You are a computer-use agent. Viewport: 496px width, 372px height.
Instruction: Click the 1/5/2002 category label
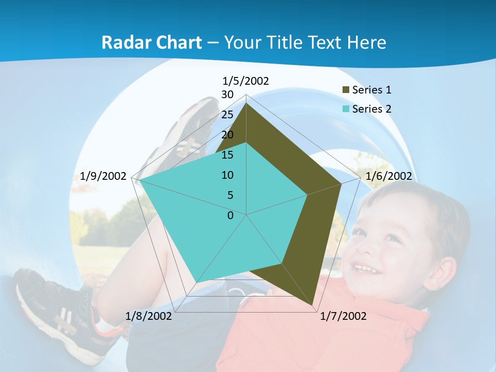pyautogui.click(x=245, y=81)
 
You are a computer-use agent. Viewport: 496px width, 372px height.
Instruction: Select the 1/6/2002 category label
pyautogui.click(x=389, y=176)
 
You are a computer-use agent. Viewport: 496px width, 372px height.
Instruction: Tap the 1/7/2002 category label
pyautogui.click(x=343, y=316)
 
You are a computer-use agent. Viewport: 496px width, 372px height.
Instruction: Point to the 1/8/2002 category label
pyautogui.click(x=149, y=316)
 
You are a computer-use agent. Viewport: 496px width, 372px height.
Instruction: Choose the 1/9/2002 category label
pyautogui.click(x=103, y=176)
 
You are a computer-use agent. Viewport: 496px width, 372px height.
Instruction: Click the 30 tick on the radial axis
pyautogui.click(x=227, y=95)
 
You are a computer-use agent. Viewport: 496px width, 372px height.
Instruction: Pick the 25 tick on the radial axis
pyautogui.click(x=227, y=115)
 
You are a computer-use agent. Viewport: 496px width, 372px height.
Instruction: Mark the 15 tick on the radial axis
pyautogui.click(x=227, y=155)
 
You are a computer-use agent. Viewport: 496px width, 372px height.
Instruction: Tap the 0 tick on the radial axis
pyautogui.click(x=230, y=215)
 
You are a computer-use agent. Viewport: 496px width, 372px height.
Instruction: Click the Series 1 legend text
pyautogui.click(x=371, y=90)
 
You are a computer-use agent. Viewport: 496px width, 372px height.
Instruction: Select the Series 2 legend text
pyautogui.click(x=371, y=109)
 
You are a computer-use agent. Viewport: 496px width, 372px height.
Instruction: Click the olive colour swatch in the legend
pyautogui.click(x=346, y=90)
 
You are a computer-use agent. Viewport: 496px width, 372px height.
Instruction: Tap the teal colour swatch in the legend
pyautogui.click(x=346, y=109)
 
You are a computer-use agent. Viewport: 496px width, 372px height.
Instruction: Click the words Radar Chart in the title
pyautogui.click(x=151, y=42)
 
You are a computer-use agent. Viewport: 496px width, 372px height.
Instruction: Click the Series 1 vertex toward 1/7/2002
pyautogui.click(x=313, y=305)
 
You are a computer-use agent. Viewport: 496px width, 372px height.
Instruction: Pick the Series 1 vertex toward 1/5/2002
pyautogui.click(x=246, y=103)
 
